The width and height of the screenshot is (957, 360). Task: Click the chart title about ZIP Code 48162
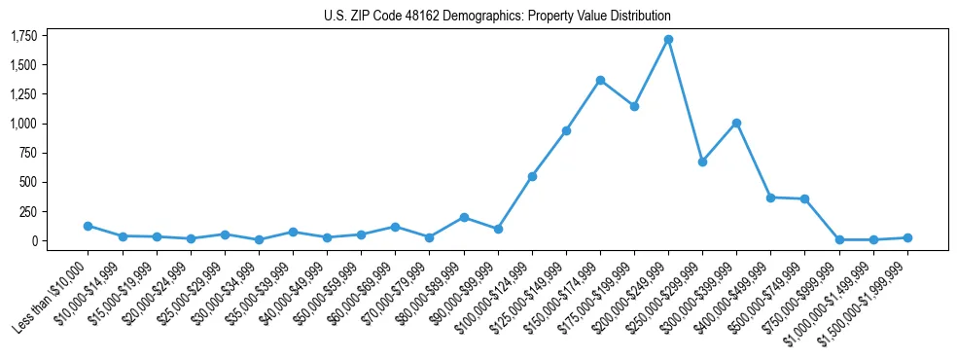coord(497,17)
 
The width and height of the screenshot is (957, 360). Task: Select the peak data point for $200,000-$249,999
coord(668,40)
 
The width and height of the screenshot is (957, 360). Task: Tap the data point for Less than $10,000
coord(89,226)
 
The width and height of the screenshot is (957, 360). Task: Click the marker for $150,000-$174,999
coord(600,80)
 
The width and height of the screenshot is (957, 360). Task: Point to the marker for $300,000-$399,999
coord(736,123)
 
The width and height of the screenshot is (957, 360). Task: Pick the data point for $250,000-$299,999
coord(702,162)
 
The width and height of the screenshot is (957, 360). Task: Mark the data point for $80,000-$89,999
coord(464,217)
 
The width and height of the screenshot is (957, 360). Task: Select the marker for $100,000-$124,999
coord(532,176)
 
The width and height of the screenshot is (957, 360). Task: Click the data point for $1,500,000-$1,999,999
coord(907,237)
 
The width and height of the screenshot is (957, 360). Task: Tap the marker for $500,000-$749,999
coord(804,198)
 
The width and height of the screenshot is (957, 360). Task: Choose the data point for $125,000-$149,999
coord(566,130)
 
